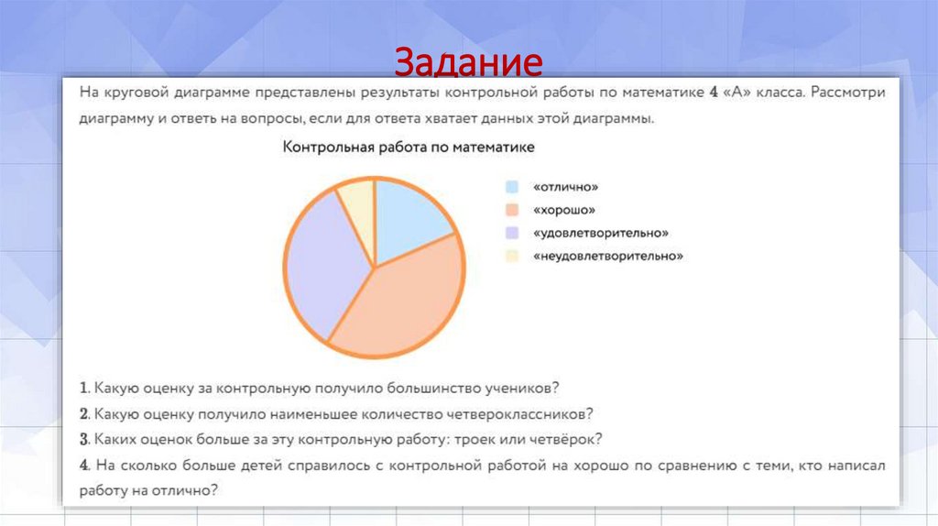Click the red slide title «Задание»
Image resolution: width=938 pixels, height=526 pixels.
pos(468,63)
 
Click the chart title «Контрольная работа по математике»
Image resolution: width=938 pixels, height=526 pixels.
pos(409,147)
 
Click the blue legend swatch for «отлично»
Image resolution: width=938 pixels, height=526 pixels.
pos(512,187)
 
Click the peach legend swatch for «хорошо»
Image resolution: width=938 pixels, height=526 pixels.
pos(512,210)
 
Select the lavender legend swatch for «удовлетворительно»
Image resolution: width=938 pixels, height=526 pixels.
pos(512,233)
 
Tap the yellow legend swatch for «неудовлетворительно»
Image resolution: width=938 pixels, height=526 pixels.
pos(512,257)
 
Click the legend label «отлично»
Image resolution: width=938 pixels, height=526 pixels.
pos(565,187)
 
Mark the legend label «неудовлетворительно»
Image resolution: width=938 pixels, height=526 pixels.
pos(607,257)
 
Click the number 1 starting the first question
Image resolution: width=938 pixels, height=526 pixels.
pos(82,388)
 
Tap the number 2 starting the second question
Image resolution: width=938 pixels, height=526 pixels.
pos(83,413)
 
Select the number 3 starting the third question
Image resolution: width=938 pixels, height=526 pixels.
pos(83,439)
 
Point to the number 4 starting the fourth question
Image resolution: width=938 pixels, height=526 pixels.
pos(83,466)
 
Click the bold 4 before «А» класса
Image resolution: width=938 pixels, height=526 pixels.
pos(713,93)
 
